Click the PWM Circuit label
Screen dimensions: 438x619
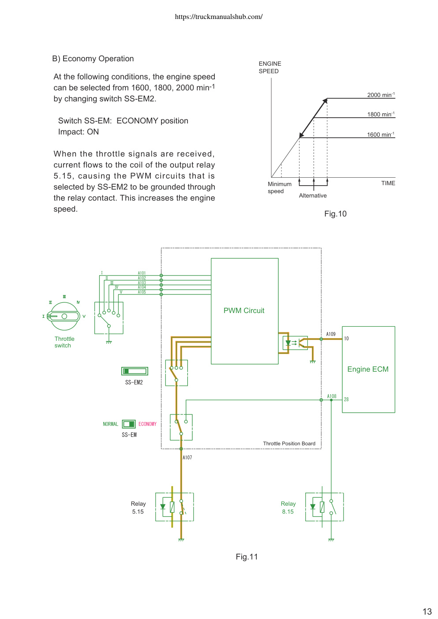pyautogui.click(x=244, y=311)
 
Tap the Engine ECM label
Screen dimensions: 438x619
pyautogui.click(x=368, y=369)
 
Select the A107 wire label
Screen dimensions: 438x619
pyautogui.click(x=187, y=458)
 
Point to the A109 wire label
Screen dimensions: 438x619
pyautogui.click(x=331, y=334)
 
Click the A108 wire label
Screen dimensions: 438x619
pyautogui.click(x=332, y=396)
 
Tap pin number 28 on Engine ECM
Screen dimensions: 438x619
pyautogui.click(x=346, y=399)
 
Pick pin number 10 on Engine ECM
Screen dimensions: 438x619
pyautogui.click(x=346, y=339)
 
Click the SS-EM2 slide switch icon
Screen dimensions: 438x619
pyautogui.click(x=135, y=371)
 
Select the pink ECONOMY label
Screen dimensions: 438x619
pyautogui.click(x=147, y=424)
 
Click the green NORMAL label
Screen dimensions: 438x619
pyautogui.click(x=110, y=424)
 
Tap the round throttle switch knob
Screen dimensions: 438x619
pyautogui.click(x=64, y=316)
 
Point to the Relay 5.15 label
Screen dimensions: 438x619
pyautogui.click(x=138, y=507)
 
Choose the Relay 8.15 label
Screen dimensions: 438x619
pyautogui.click(x=288, y=507)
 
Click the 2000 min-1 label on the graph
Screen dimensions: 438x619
pyautogui.click(x=381, y=95)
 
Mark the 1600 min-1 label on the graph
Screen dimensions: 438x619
pyautogui.click(x=381, y=134)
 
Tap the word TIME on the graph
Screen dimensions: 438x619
pyautogui.click(x=388, y=183)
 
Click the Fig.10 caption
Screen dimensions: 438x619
pyautogui.click(x=335, y=214)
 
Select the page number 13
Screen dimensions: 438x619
pyautogui.click(x=427, y=611)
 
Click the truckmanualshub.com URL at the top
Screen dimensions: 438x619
pyautogui.click(x=219, y=17)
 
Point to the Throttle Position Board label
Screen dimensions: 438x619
pyautogui.click(x=289, y=444)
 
